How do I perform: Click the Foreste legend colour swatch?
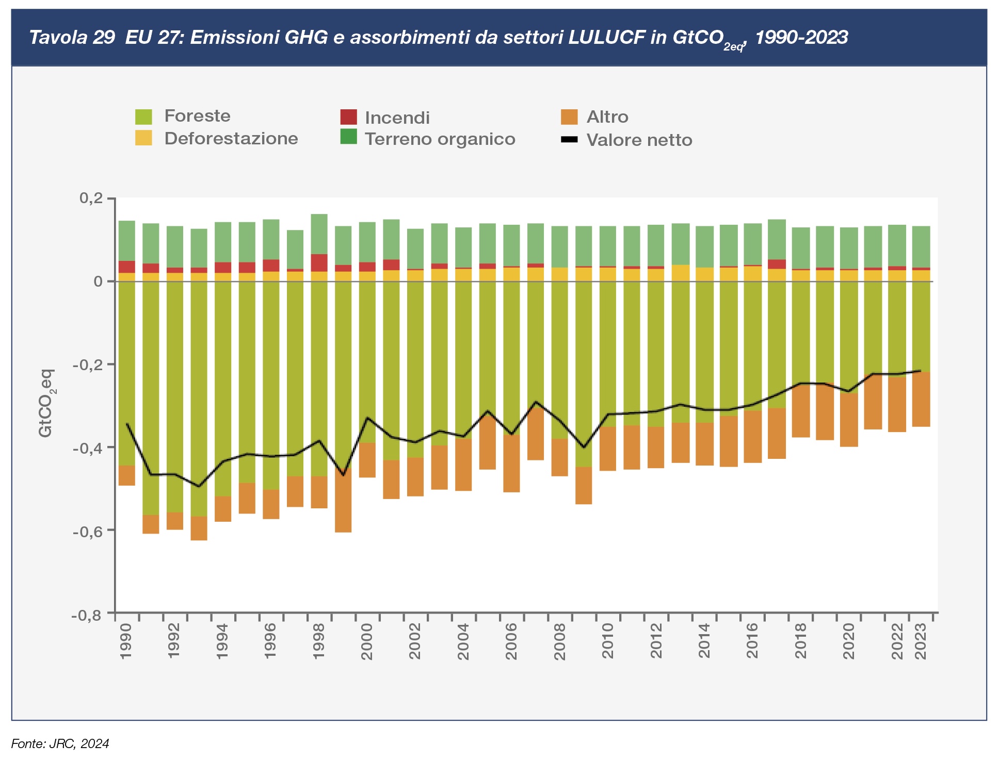pyautogui.click(x=143, y=117)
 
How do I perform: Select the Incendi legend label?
pyautogui.click(x=397, y=118)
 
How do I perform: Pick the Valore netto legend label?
pyautogui.click(x=639, y=140)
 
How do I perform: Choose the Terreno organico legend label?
pyautogui.click(x=440, y=139)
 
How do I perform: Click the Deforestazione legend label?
pyautogui.click(x=231, y=139)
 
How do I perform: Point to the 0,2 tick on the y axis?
pyautogui.click(x=91, y=198)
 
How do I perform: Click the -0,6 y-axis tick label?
pyautogui.click(x=87, y=531)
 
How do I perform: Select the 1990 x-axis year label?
pyautogui.click(x=126, y=641)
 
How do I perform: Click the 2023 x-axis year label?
pyautogui.click(x=921, y=641)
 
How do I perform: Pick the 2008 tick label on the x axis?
pyautogui.click(x=559, y=641)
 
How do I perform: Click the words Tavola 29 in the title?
pyautogui.click(x=72, y=38)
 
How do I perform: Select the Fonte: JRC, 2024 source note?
pyautogui.click(x=60, y=743)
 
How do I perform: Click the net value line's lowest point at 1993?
pyautogui.click(x=199, y=486)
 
